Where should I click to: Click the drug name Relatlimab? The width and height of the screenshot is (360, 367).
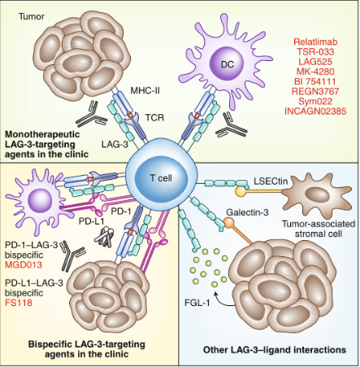click(x=315, y=42)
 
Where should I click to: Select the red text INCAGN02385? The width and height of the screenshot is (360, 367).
click(x=315, y=111)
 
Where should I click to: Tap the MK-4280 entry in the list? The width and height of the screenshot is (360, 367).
click(x=315, y=72)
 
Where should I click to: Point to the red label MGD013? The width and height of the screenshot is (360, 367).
click(x=24, y=264)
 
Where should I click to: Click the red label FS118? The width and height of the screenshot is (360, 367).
click(x=19, y=302)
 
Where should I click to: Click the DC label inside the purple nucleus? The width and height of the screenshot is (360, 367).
click(x=228, y=64)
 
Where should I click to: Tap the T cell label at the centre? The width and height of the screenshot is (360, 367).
click(x=161, y=178)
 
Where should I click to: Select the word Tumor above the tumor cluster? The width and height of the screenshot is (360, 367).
click(x=32, y=16)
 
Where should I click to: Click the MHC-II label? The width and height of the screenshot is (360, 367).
click(x=145, y=90)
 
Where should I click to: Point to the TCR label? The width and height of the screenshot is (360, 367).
click(x=154, y=117)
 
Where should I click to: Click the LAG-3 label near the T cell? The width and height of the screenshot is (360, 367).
click(x=115, y=144)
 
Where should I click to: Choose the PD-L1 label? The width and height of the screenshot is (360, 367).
click(x=92, y=221)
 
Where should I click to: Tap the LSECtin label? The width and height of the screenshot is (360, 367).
click(x=271, y=181)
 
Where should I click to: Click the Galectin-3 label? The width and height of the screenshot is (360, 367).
click(x=247, y=212)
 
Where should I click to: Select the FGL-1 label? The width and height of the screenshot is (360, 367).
click(x=197, y=302)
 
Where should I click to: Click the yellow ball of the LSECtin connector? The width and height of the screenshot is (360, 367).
click(x=241, y=191)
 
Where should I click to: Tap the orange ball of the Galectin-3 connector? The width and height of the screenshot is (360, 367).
click(x=229, y=222)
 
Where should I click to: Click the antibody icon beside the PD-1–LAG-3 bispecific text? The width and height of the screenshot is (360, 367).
click(x=72, y=255)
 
